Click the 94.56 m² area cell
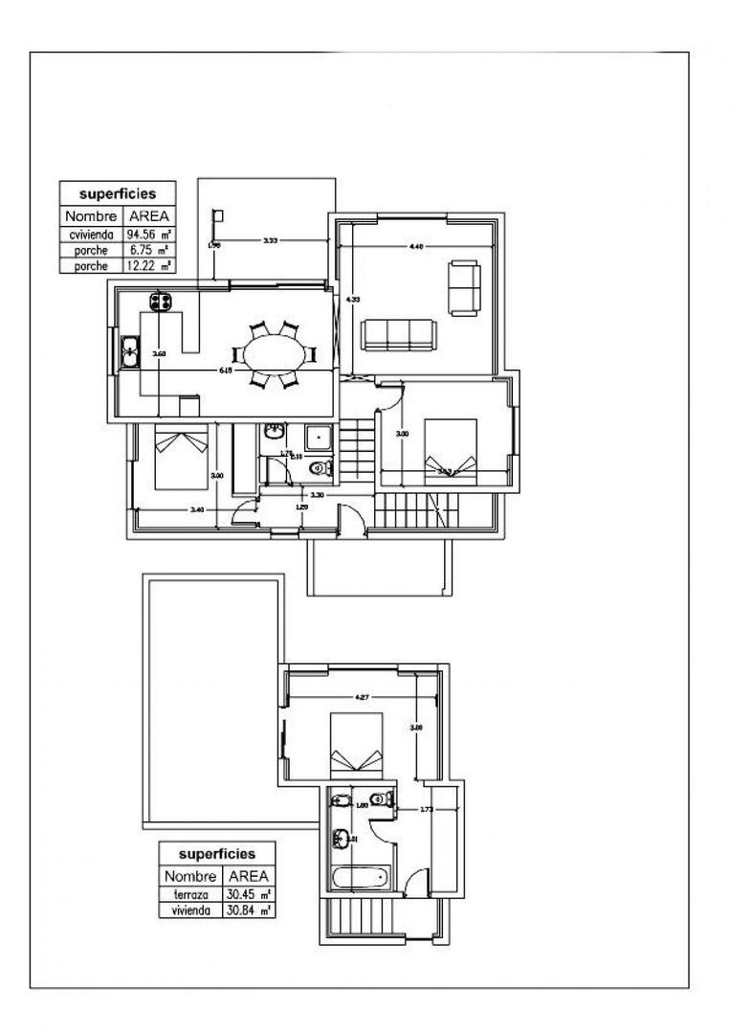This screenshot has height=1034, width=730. click(147, 234)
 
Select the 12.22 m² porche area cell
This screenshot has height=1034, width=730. click(147, 266)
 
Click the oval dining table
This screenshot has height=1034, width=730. click(275, 353)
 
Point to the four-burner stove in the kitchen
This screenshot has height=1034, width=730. click(160, 302)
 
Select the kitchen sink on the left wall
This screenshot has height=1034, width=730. click(130, 353)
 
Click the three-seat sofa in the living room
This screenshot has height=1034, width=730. click(399, 335)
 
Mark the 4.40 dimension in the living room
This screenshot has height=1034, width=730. click(415, 247)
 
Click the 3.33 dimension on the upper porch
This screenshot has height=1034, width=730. click(271, 239)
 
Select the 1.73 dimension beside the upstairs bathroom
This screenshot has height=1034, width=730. click(427, 810)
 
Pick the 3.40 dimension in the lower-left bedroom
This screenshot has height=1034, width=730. click(197, 509)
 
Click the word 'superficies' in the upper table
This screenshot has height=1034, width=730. click(118, 194)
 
